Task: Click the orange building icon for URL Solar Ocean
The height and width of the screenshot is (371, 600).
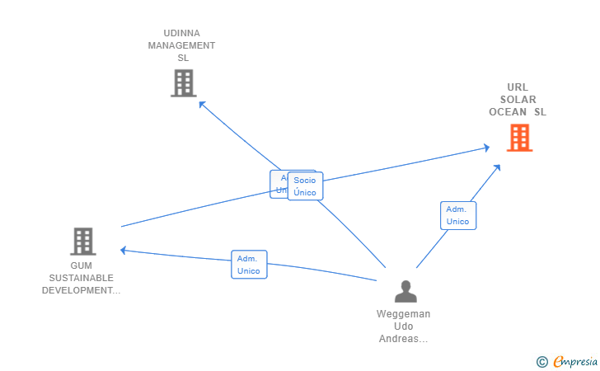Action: point(519,138)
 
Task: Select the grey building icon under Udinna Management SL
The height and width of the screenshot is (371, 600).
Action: point(183,82)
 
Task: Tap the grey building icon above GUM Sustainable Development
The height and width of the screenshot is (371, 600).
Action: point(82,242)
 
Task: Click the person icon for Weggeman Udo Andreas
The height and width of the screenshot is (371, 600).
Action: point(405,291)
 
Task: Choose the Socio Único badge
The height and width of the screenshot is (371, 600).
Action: point(305,186)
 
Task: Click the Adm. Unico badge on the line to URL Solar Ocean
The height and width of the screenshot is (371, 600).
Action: point(457,215)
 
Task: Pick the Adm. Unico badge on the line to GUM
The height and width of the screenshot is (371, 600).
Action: point(249,265)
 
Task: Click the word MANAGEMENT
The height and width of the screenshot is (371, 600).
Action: point(182,45)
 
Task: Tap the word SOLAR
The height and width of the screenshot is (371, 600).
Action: point(518,100)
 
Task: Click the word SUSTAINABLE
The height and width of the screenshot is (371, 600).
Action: point(81,278)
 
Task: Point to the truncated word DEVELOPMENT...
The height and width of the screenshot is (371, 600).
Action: point(81,290)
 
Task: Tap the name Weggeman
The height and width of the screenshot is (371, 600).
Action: point(404,314)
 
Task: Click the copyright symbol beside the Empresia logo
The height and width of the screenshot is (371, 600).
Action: point(541,361)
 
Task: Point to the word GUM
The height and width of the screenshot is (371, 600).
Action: point(81,265)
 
